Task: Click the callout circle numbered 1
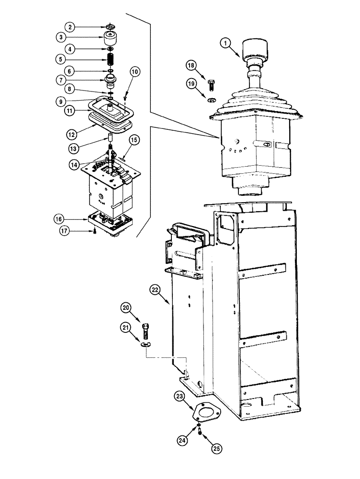(x=225, y=44)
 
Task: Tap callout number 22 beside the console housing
(x=155, y=289)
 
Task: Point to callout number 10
(x=135, y=72)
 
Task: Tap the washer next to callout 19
(x=212, y=100)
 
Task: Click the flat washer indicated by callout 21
(x=147, y=343)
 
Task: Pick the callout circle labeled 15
(x=135, y=139)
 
